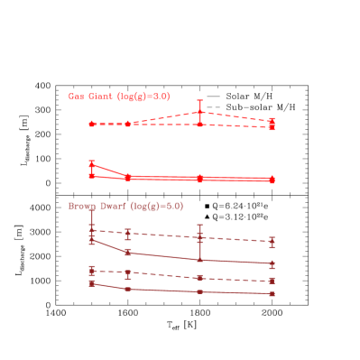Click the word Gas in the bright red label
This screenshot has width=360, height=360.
tap(77, 96)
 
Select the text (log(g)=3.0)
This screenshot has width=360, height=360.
tap(143, 96)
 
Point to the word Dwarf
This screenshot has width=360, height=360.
tap(112, 206)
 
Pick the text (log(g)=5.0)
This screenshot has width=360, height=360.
tap(157, 206)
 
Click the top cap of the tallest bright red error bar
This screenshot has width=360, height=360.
tap(199, 100)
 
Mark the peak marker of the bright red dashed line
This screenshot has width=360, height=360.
tap(199, 112)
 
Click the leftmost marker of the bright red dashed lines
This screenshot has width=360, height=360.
tap(92, 124)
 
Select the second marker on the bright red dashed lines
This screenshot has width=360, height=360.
tap(128, 124)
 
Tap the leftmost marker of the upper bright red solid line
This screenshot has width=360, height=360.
tap(92, 165)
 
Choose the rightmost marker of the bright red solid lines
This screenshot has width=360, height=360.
tap(272, 179)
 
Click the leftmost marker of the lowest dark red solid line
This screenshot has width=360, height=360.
tap(92, 283)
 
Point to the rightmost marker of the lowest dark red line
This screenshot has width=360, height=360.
tap(272, 293)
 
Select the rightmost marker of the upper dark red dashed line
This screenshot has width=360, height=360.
tap(272, 242)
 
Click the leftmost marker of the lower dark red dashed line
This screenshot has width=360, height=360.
tap(92, 271)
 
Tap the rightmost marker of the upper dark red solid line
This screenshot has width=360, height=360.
tap(272, 263)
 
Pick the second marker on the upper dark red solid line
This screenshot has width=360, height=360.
tap(128, 253)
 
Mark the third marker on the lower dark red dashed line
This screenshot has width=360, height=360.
tap(199, 278)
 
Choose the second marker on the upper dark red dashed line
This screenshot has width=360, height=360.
tap(128, 234)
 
